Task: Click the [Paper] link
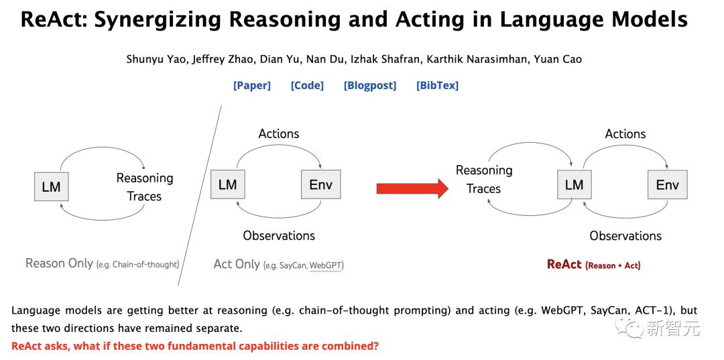tap(252, 85)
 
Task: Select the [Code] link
tap(307, 85)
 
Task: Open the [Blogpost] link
tap(370, 85)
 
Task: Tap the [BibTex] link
tap(437, 85)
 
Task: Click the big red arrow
tap(412, 188)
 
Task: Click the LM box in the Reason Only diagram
tap(51, 186)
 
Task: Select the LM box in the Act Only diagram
tap(228, 184)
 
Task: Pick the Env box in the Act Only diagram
tap(321, 184)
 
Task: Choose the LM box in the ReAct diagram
tap(575, 184)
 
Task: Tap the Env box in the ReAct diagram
tap(667, 184)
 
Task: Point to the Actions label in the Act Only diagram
tap(279, 134)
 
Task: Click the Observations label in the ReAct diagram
tap(625, 236)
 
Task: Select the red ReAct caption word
tap(564, 264)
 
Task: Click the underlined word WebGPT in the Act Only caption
tap(326, 266)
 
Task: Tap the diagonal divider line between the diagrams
tap(200, 196)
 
